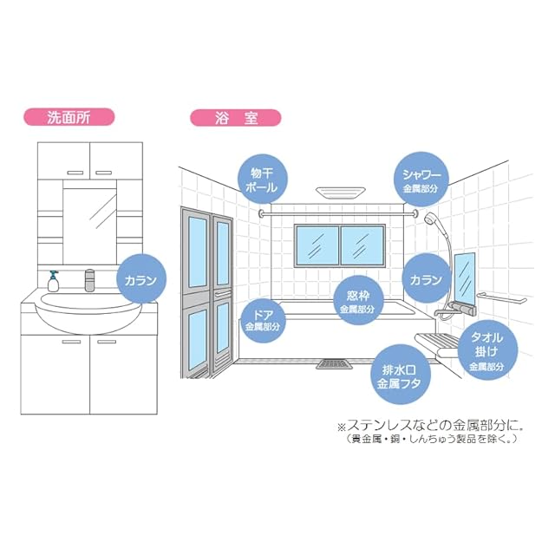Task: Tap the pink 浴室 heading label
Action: [224, 116]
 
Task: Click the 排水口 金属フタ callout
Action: [396, 375]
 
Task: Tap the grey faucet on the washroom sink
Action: [88, 281]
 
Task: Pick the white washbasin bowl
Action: [86, 312]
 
